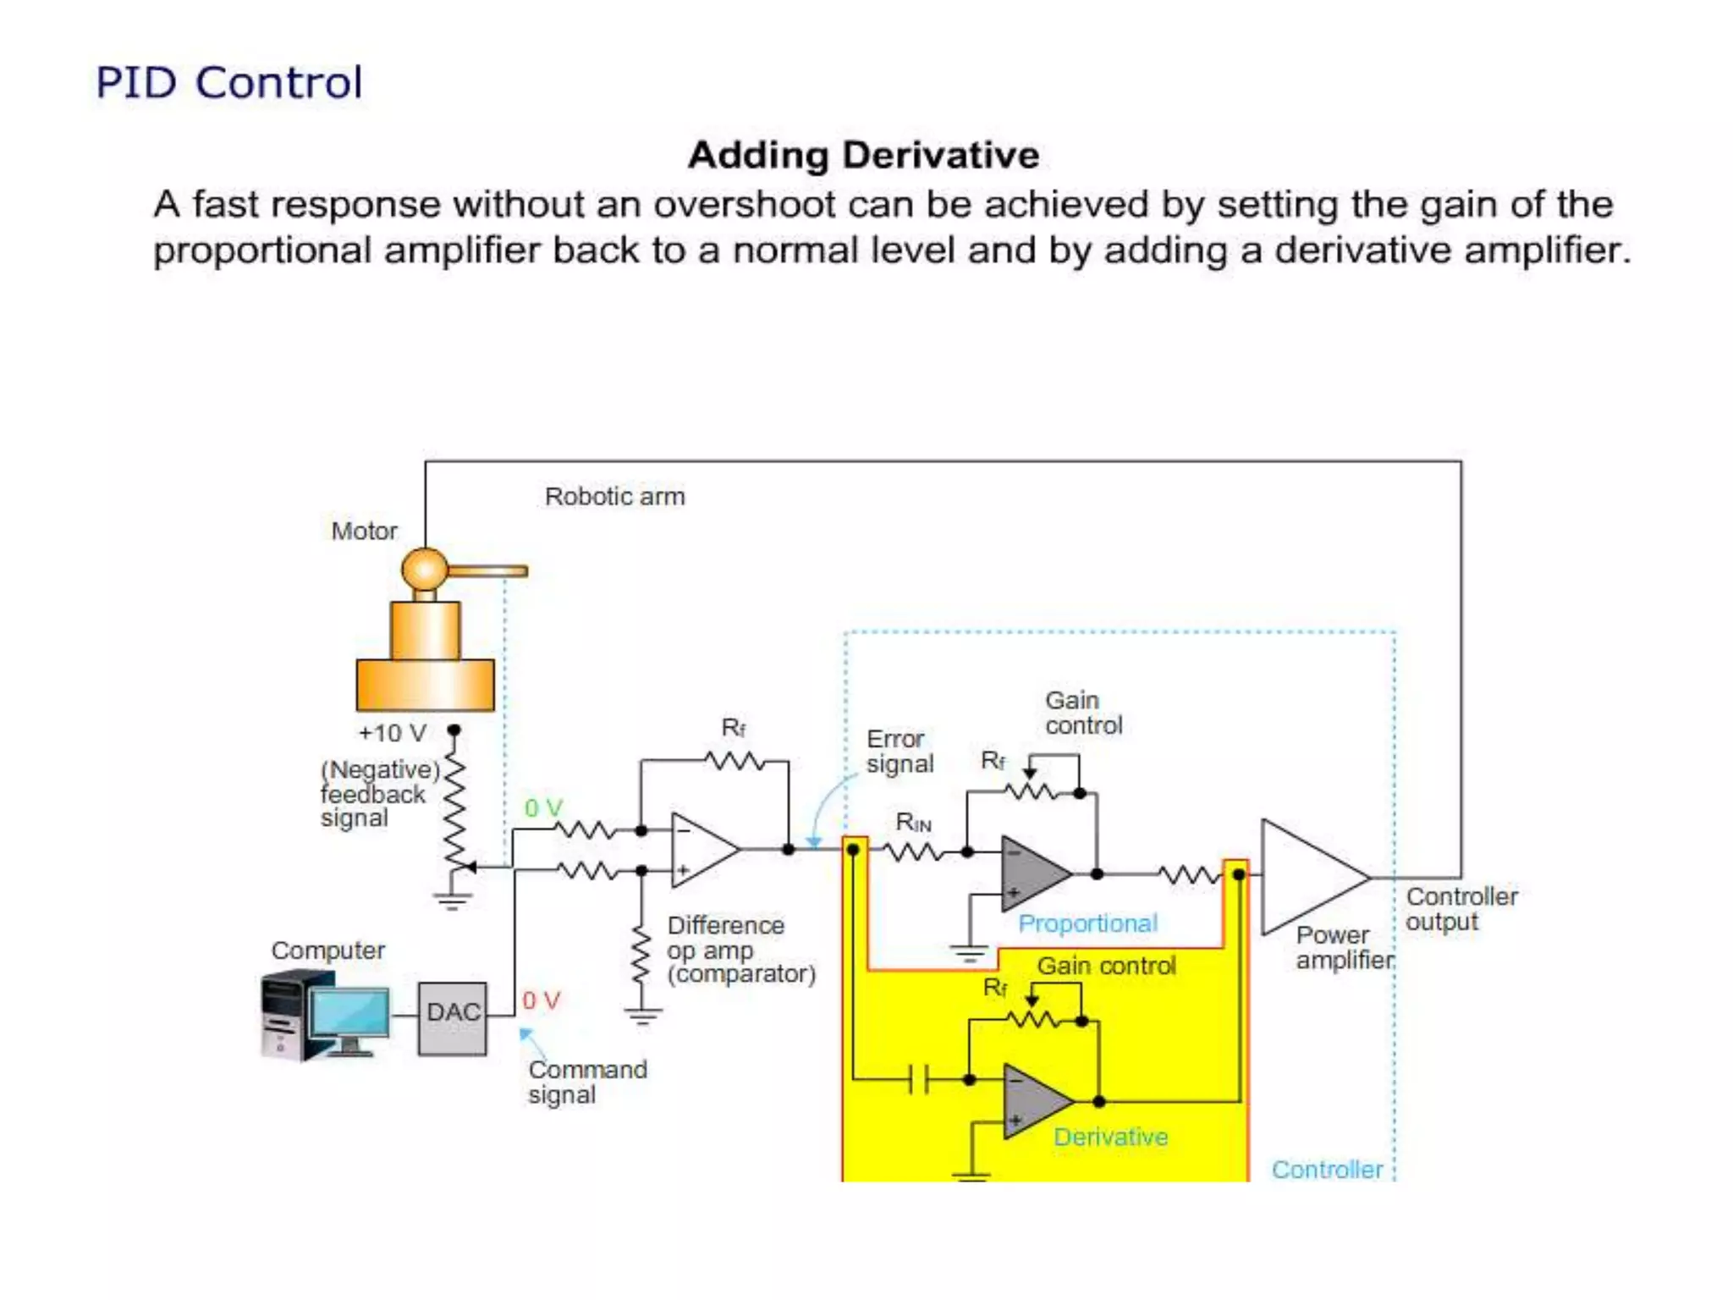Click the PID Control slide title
pyautogui.click(x=228, y=83)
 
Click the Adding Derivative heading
pyautogui.click(x=863, y=155)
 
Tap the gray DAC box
pyautogui.click(x=452, y=1018)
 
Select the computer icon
pyautogui.click(x=326, y=1016)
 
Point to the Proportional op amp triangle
pyautogui.click(x=1032, y=873)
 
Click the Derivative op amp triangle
pyautogui.click(x=1034, y=1101)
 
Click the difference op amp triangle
pyautogui.click(x=701, y=850)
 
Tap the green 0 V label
pyautogui.click(x=543, y=807)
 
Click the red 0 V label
pyautogui.click(x=541, y=1000)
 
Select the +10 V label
pyautogui.click(x=392, y=733)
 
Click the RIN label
pyautogui.click(x=913, y=822)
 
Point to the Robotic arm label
pyautogui.click(x=614, y=496)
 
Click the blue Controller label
pyautogui.click(x=1326, y=1170)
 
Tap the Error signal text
pyautogui.click(x=899, y=751)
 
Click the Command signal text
pyautogui.click(x=587, y=1082)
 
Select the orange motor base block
pyautogui.click(x=425, y=684)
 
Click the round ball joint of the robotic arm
pyautogui.click(x=423, y=569)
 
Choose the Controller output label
pyautogui.click(x=1461, y=909)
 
